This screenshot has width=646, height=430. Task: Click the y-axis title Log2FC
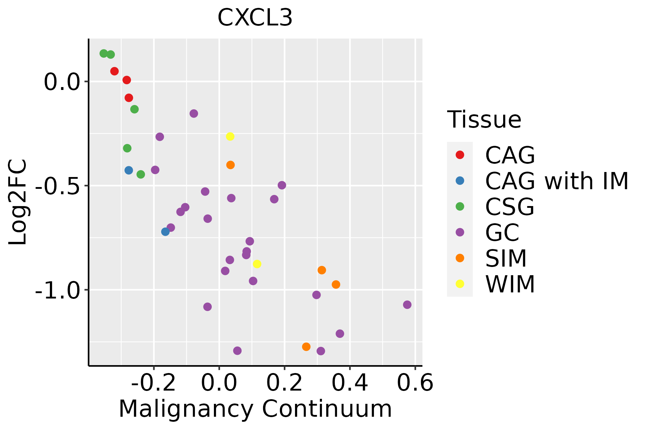tap(18, 202)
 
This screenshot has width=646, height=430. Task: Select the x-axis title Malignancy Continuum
tap(255, 409)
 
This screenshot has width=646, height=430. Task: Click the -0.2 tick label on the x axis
tap(154, 383)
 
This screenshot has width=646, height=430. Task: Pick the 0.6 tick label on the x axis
tap(415, 383)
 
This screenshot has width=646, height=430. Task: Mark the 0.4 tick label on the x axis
tap(350, 383)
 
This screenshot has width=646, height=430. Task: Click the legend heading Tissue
tap(484, 120)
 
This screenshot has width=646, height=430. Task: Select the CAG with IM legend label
tap(557, 181)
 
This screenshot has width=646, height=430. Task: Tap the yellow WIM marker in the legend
tap(460, 284)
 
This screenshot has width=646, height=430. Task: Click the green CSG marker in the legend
tap(460, 206)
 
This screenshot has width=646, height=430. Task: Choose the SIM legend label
tap(506, 258)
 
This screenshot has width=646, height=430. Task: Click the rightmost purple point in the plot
tap(407, 305)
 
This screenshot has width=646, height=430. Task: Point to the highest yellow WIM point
tap(230, 137)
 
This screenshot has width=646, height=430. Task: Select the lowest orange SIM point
tap(306, 347)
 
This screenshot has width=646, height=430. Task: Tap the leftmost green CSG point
tap(104, 53)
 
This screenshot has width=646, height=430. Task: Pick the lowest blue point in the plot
tap(165, 232)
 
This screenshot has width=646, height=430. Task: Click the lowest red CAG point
tap(129, 98)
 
